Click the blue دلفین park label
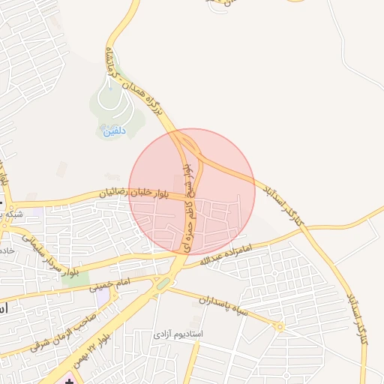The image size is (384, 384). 116,130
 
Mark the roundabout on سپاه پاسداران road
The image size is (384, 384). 280,327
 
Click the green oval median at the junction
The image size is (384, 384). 163,283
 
